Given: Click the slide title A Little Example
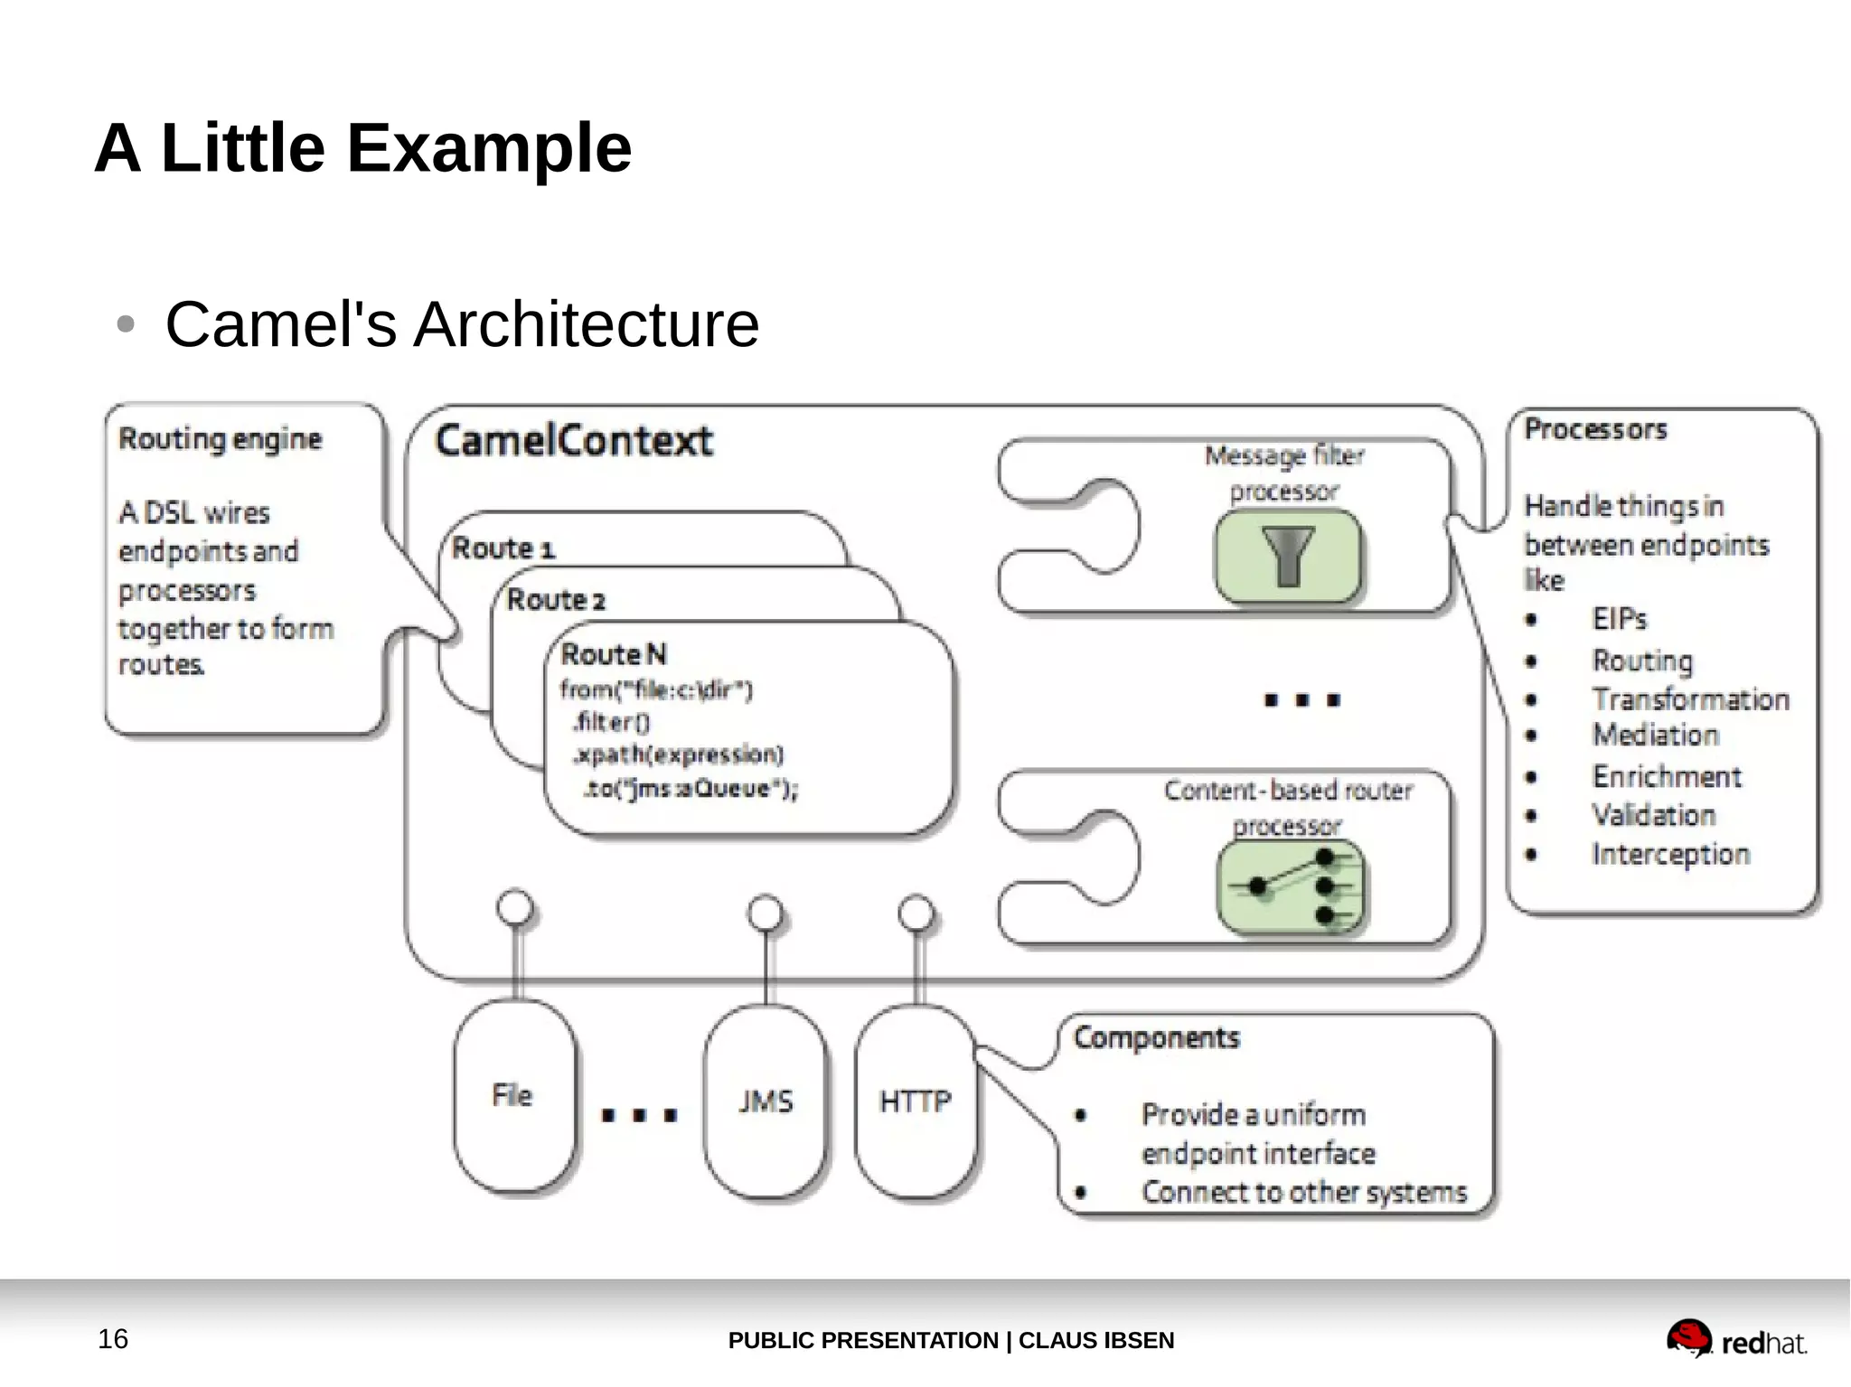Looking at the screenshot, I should pyautogui.click(x=362, y=148).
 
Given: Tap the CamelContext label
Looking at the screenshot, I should pyautogui.click(x=574, y=441).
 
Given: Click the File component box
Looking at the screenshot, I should pyautogui.click(x=513, y=1096).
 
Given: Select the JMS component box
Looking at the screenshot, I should pyautogui.click(x=765, y=1101).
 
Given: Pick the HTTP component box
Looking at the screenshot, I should pyautogui.click(x=916, y=1101).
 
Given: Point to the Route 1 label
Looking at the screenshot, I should pyautogui.click(x=503, y=548).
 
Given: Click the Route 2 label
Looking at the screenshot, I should pyautogui.click(x=556, y=600).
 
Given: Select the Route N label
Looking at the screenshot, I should pyautogui.click(x=614, y=654).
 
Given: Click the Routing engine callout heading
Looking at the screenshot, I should pyautogui.click(x=221, y=439).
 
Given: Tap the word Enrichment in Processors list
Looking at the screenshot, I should pyautogui.click(x=1666, y=776).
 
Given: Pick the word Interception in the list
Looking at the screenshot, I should pyautogui.click(x=1670, y=854).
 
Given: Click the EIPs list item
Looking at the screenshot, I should pyautogui.click(x=1619, y=619).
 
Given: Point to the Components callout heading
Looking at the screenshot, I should pyautogui.click(x=1156, y=1037).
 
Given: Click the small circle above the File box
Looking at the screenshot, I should pyautogui.click(x=515, y=907).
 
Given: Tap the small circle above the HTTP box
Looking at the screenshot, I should pyautogui.click(x=916, y=913).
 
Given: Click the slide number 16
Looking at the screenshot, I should pyautogui.click(x=113, y=1338).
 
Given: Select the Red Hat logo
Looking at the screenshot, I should pyautogui.click(x=1735, y=1339).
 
